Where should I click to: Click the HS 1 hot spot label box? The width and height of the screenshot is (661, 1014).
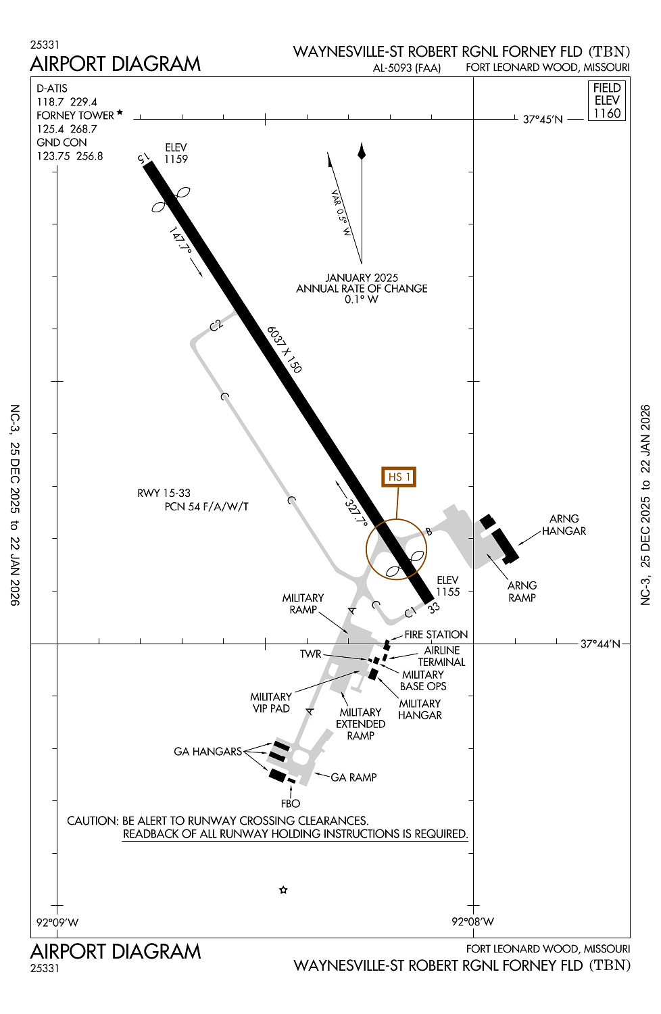click(x=398, y=477)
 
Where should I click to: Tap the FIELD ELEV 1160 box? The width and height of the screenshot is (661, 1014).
click(x=606, y=101)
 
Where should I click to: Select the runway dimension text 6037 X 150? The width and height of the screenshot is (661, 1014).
click(x=284, y=349)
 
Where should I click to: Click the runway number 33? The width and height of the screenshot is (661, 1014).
click(x=433, y=608)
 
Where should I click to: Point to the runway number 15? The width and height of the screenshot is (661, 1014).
click(x=143, y=158)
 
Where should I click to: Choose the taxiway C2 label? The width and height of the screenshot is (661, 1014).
click(x=216, y=325)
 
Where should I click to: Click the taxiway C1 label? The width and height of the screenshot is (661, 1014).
click(x=410, y=613)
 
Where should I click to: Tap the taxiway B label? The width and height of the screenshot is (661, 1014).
click(x=429, y=531)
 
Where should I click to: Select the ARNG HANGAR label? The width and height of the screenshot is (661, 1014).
click(x=564, y=525)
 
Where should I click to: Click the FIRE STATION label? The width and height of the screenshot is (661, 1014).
click(x=436, y=635)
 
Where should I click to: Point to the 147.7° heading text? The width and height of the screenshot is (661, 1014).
click(x=180, y=240)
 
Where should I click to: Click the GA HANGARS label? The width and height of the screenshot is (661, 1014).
click(x=207, y=752)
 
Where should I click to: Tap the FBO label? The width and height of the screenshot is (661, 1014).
click(x=291, y=804)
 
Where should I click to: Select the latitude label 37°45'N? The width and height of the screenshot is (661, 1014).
click(x=543, y=120)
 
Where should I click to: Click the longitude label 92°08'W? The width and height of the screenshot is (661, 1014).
click(x=473, y=922)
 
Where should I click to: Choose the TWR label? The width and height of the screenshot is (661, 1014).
click(x=311, y=654)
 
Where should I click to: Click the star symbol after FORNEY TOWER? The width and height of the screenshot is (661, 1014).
click(x=120, y=112)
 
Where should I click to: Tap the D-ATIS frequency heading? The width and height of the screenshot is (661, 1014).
click(x=52, y=89)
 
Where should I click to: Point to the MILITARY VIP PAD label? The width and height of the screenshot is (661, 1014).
click(x=271, y=702)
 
